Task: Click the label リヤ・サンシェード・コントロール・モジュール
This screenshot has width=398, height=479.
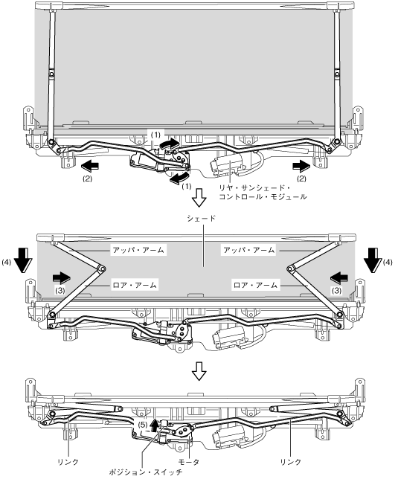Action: pos(263,192)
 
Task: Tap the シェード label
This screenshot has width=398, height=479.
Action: pos(202,219)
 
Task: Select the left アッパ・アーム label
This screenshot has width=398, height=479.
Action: pos(138,250)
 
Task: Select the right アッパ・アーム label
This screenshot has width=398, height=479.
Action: pos(249,250)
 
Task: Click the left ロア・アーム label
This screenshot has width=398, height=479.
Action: pos(135,285)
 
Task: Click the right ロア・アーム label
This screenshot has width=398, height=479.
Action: pos(256,285)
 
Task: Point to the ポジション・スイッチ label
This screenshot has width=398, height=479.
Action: pos(146,472)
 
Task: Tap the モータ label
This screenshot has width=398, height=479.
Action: pos(188,462)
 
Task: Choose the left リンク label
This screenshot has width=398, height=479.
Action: pos(68,462)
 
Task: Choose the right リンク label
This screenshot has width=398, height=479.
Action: pos(290,462)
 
